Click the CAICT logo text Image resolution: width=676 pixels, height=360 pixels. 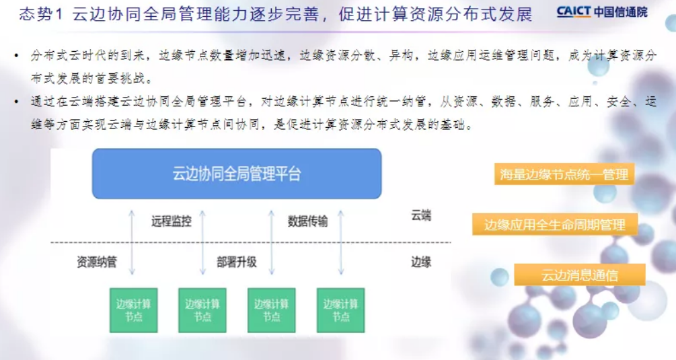pos(573,11)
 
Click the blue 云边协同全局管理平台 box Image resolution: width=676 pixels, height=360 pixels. pos(237,174)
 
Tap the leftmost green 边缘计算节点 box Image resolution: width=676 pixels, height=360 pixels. pos(134,310)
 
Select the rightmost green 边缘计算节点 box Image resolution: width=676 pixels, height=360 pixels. pos(340,310)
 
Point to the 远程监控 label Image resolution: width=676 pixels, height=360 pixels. pos(171,221)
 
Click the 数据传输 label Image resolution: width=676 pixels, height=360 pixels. pos(308,221)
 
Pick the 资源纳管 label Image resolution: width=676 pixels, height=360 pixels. pos(97,262)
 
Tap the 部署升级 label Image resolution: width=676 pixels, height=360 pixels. pos(237,262)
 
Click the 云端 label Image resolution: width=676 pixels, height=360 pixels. pos(421,215)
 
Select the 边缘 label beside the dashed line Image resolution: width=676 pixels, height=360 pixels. pos(421,262)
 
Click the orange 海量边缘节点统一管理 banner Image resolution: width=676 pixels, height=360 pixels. pos(564,174)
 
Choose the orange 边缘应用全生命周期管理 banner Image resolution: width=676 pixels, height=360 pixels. pos(555,225)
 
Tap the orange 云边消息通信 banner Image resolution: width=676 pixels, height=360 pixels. pos(580,275)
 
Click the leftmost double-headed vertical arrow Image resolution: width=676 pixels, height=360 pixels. pos(133,242)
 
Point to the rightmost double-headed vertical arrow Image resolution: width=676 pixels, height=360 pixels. pos(341,242)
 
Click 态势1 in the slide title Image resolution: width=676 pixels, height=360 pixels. pos(41,14)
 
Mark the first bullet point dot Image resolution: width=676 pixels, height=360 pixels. pos(16,56)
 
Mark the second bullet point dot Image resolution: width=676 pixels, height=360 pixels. pos(16,102)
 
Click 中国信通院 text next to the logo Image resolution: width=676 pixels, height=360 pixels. pos(621,11)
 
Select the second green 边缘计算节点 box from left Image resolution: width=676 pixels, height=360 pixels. pos(202,310)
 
